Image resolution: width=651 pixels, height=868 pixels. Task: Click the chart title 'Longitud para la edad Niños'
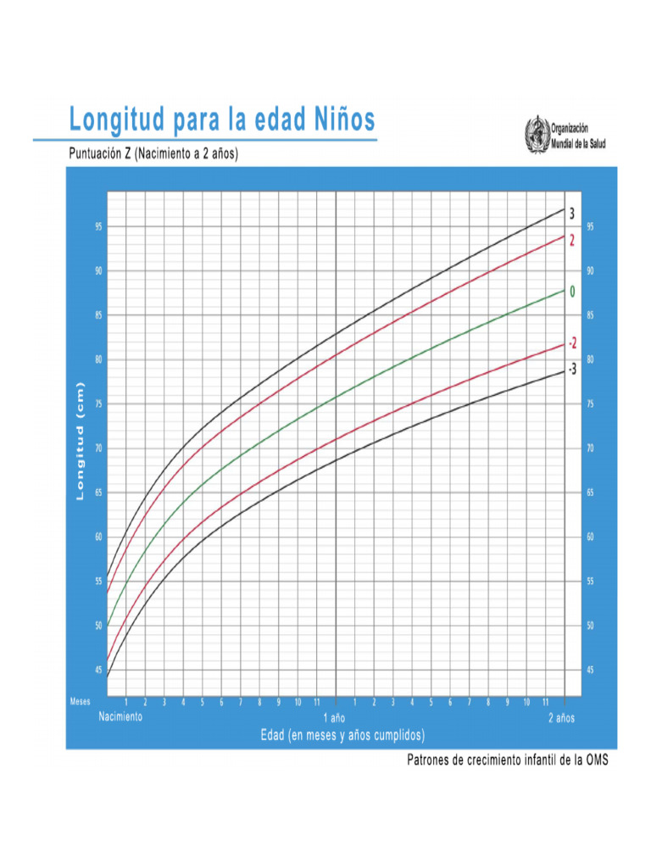(x=221, y=120)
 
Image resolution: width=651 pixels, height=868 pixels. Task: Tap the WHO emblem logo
(x=536, y=136)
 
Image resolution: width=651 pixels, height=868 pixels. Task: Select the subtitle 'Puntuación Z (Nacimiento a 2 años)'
(x=153, y=154)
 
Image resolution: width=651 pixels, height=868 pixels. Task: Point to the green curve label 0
(x=572, y=292)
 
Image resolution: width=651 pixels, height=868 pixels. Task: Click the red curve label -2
(x=572, y=343)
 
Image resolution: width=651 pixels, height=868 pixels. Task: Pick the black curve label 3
(x=572, y=214)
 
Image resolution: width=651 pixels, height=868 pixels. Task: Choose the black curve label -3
(x=572, y=369)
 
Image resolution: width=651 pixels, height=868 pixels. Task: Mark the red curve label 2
(x=572, y=241)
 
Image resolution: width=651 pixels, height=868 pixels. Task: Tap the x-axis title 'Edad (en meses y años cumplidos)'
(x=342, y=734)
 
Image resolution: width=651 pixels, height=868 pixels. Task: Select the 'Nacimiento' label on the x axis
(x=120, y=716)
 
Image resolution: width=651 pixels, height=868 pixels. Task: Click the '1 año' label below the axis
(x=337, y=717)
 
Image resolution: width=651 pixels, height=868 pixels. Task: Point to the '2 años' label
(x=561, y=717)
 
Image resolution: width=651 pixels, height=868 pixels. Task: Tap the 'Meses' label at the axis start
(x=80, y=702)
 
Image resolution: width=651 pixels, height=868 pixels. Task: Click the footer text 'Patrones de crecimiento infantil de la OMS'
(x=508, y=760)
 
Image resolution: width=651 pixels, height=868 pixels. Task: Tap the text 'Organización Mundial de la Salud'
(x=584, y=136)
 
